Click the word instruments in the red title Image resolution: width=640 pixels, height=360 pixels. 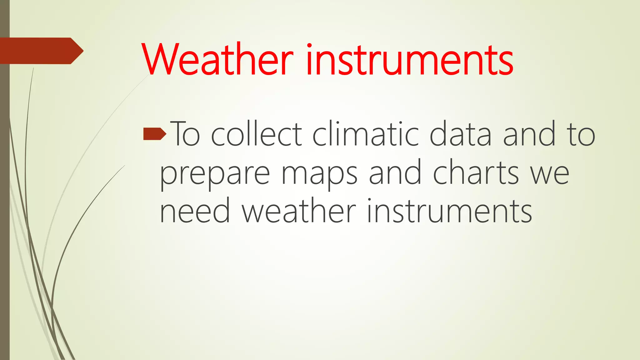tap(410, 59)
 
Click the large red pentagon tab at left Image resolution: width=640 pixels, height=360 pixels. tap(39, 51)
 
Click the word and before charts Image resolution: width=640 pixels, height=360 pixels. tap(395, 173)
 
